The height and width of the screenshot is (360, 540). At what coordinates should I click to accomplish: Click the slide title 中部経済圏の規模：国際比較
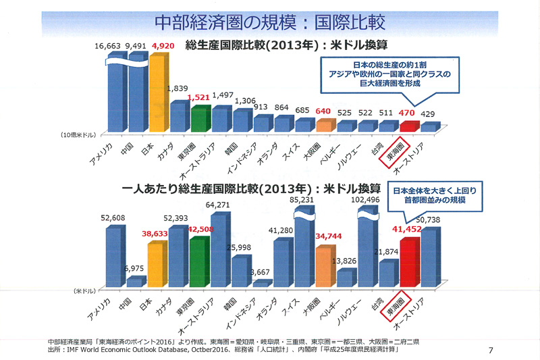[270, 22]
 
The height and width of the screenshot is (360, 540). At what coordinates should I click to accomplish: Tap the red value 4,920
[163, 45]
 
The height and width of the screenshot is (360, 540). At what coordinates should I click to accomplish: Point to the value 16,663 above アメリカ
[108, 45]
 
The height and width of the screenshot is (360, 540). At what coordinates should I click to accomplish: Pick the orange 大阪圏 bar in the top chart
[325, 126]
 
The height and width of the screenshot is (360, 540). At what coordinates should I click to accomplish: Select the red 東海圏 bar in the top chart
[408, 126]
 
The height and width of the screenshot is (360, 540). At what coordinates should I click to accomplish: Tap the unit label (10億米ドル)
[74, 136]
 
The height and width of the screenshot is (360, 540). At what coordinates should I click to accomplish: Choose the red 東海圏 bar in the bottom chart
[409, 261]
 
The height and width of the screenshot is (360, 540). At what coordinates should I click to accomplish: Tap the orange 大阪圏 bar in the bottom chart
[325, 266]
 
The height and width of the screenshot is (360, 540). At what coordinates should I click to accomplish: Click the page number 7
[489, 349]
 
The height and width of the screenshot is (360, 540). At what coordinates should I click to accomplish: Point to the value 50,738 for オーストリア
[439, 220]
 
